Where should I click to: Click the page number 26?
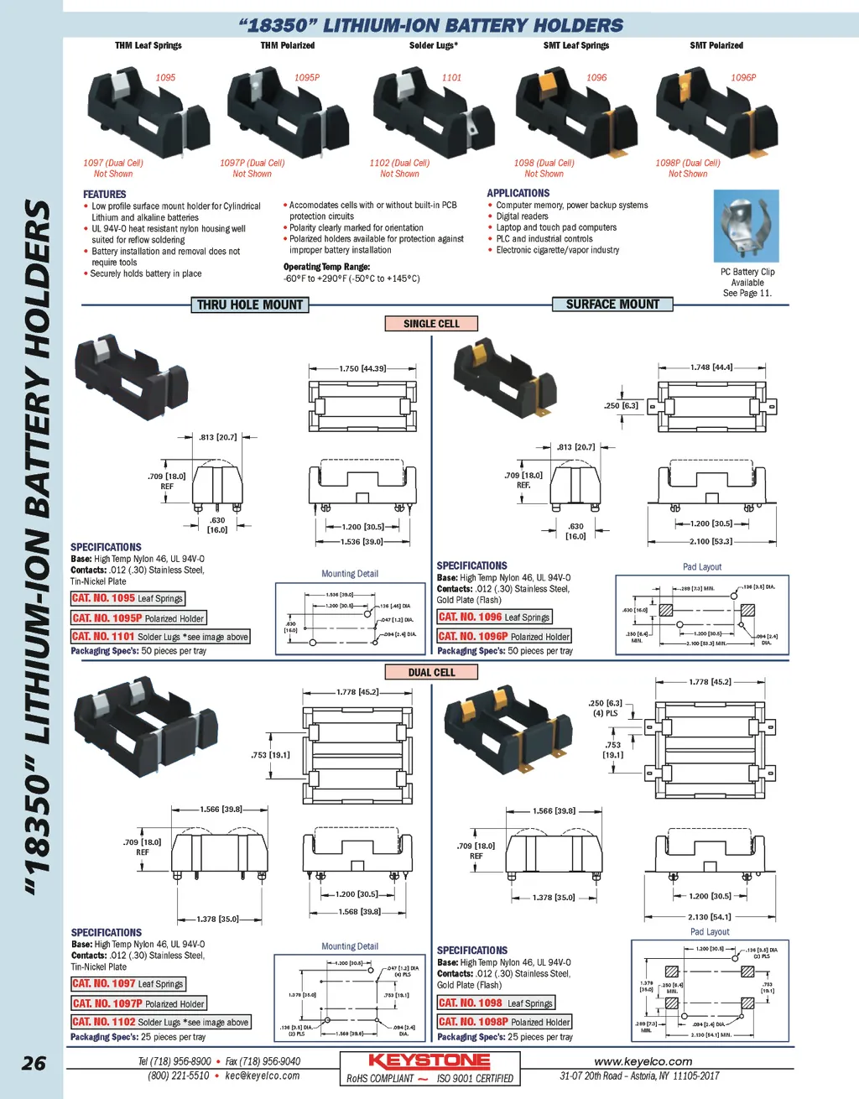[34, 1063]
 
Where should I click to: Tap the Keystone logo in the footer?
[429, 1060]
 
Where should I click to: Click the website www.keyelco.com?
[643, 1061]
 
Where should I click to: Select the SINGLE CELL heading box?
[431, 324]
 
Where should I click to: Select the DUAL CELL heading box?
[431, 673]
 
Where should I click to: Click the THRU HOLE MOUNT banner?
[250, 305]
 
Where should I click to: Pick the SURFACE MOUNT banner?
[612, 305]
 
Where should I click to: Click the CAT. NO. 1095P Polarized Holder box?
[138, 618]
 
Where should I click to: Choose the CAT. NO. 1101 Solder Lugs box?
[160, 637]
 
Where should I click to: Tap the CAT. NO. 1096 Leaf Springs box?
[494, 617]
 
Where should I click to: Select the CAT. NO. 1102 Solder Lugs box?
[160, 1022]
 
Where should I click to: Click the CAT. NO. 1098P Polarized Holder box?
[504, 1022]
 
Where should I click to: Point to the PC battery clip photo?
[746, 226]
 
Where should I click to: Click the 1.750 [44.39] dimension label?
[362, 368]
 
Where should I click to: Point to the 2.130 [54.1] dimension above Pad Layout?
[710, 917]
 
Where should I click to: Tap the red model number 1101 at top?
[451, 78]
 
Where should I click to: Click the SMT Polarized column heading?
[716, 45]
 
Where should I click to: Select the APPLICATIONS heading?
[518, 193]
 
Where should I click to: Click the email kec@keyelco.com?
[262, 1076]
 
